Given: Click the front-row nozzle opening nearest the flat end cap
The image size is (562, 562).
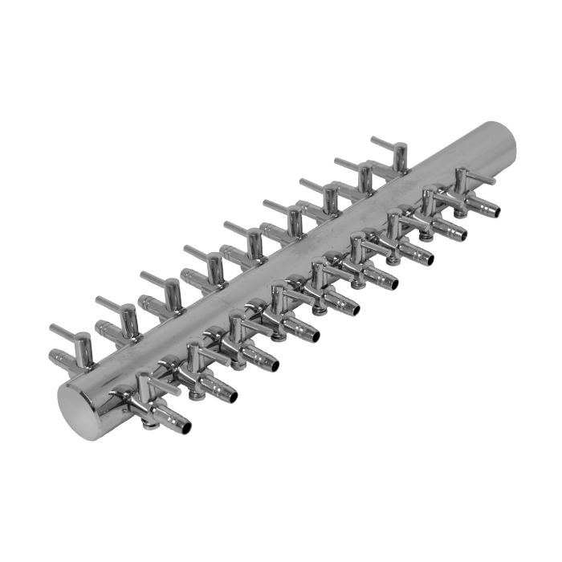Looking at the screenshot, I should pos(184,426).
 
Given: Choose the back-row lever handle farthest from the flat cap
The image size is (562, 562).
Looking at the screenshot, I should pos(385,142).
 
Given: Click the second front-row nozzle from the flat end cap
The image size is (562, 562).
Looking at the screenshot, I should pos(231,396).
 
